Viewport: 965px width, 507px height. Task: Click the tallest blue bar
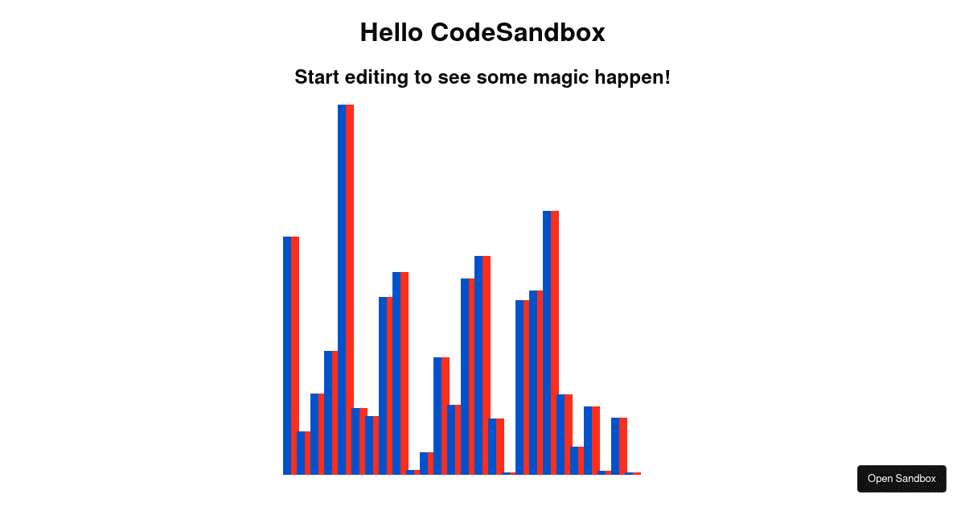coord(342,290)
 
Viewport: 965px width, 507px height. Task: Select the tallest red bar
coord(350,290)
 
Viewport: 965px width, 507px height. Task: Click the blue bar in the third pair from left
coord(314,434)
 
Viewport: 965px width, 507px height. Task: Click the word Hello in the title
coord(392,32)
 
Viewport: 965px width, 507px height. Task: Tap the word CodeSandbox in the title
coord(518,32)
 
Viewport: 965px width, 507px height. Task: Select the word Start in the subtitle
coord(317,77)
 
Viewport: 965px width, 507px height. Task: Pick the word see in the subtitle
coord(454,77)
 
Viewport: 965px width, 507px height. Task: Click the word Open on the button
coord(881,479)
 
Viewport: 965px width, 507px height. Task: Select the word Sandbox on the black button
coord(917,479)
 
